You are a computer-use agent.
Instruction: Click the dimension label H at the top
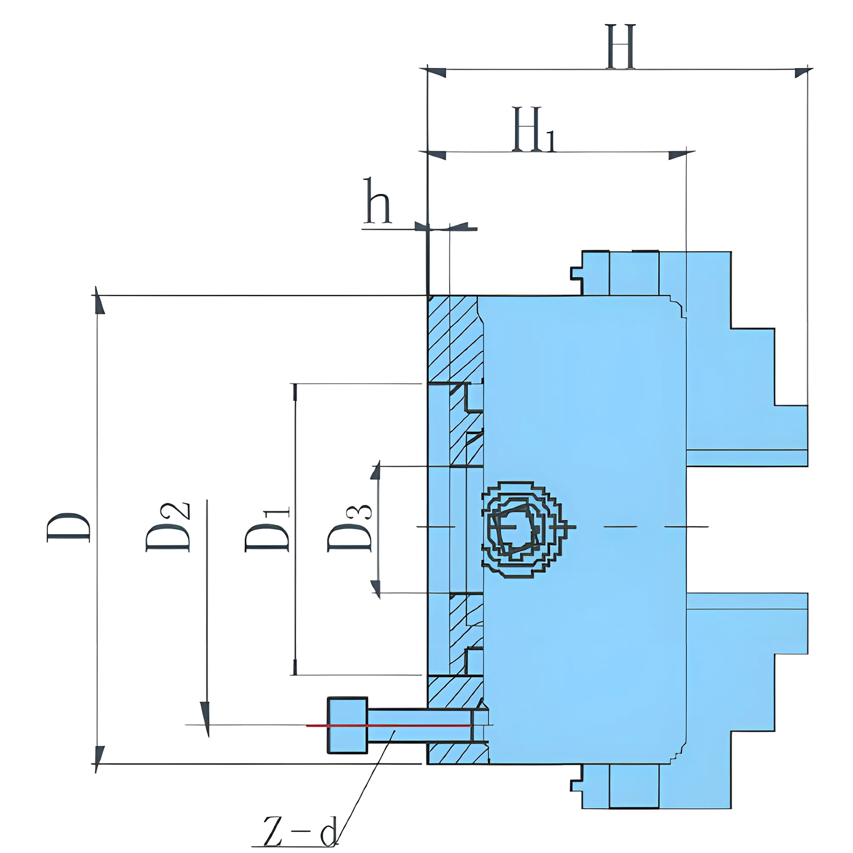tap(621, 47)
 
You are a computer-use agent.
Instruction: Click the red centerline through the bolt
tap(389, 725)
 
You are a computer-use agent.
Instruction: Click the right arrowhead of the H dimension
tap(803, 73)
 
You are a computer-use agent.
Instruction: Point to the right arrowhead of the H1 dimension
tap(680, 155)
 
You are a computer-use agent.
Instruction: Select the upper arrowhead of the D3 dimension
tap(376, 472)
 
